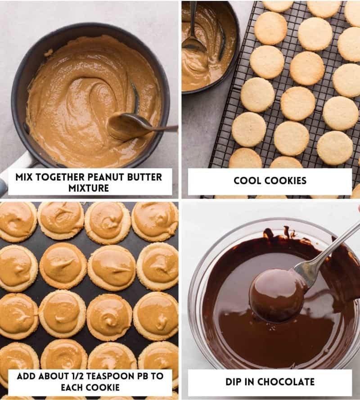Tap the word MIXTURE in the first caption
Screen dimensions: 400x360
[89, 188]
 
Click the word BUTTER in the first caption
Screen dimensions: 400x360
[145, 177]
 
